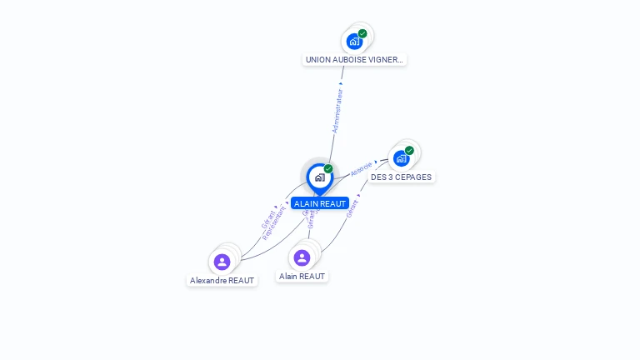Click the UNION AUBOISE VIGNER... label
[354, 60]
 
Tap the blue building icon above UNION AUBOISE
[354, 42]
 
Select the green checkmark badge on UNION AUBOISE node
[362, 33]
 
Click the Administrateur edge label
[337, 111]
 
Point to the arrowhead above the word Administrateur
[341, 83]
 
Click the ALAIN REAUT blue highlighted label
[320, 203]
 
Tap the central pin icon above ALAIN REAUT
[319, 177]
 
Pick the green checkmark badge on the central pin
[328, 168]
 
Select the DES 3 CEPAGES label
[402, 177]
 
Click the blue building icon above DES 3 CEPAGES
[401, 158]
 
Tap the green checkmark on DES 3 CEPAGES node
[409, 151]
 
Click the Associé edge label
[361, 168]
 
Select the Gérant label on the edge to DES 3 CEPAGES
[352, 208]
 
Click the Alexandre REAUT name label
[222, 281]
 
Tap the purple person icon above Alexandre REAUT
[222, 262]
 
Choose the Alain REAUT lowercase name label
[302, 276]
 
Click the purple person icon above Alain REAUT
[302, 257]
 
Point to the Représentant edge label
[274, 223]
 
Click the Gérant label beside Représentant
[267, 218]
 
